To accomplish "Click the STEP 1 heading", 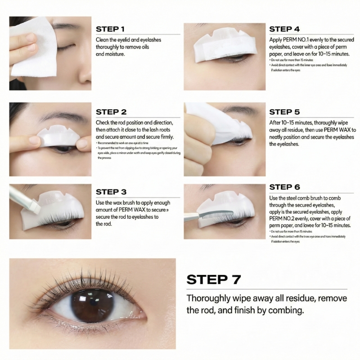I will tap(110, 29).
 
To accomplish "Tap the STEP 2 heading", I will tap(111, 112).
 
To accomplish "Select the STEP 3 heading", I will tap(111, 192).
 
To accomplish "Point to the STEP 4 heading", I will tap(284, 29).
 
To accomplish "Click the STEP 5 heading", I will tap(284, 112).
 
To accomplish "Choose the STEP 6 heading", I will tap(284, 187).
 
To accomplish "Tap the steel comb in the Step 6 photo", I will tap(212, 217).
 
